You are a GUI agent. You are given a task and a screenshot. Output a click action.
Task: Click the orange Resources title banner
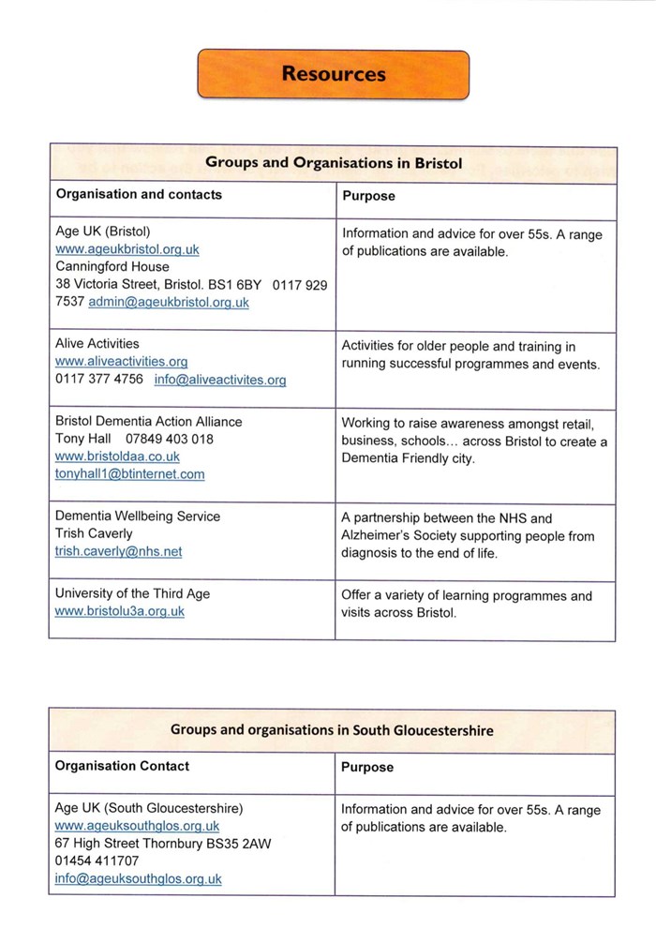click(333, 73)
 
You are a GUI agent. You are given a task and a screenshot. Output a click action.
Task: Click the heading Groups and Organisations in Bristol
click(334, 162)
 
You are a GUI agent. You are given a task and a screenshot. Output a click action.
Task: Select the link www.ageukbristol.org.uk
click(127, 249)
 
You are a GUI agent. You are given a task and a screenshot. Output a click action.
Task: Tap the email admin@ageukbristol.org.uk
click(169, 302)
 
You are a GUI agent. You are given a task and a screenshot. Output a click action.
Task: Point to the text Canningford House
click(112, 266)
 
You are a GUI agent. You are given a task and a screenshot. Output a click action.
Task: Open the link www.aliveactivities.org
click(122, 362)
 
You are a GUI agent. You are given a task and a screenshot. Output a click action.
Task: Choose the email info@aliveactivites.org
click(220, 380)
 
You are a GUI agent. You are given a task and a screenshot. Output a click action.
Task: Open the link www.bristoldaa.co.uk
click(117, 457)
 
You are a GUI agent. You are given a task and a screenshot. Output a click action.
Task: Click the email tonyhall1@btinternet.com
click(129, 474)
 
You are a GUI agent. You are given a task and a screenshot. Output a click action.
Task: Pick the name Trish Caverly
click(94, 533)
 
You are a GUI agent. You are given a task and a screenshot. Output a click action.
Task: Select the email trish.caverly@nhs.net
click(118, 551)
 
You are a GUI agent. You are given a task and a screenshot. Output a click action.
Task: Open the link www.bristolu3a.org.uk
click(120, 611)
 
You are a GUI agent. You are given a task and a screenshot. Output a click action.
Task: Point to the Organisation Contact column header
click(122, 766)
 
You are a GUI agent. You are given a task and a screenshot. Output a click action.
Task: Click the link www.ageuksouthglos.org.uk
click(137, 826)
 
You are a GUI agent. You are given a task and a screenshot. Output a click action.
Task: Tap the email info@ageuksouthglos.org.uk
click(138, 879)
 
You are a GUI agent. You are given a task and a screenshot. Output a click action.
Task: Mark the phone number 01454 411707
click(97, 861)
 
